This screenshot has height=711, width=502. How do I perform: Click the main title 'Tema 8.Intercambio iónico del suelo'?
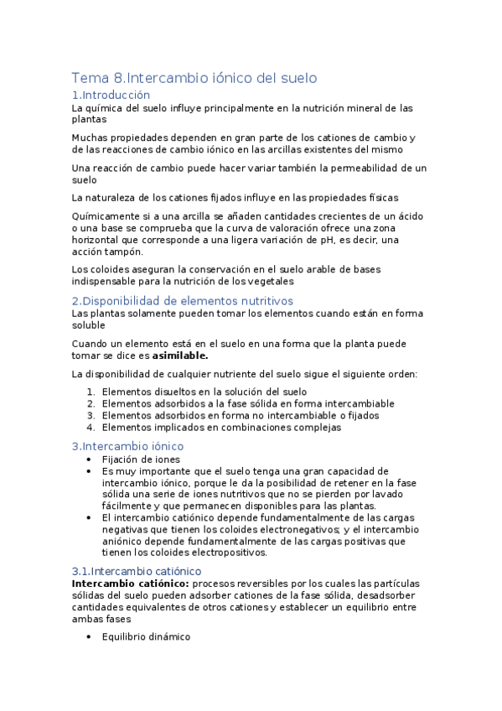point(194,78)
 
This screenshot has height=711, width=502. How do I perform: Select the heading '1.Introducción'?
point(111,95)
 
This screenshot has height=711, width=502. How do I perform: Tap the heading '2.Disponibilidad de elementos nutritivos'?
point(183,301)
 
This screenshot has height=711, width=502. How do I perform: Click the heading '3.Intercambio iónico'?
point(127,446)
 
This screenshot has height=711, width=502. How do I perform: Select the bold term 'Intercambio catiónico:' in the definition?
point(132,583)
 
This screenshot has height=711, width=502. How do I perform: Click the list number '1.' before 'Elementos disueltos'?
point(91,392)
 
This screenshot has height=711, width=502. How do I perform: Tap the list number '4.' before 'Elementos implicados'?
point(91,427)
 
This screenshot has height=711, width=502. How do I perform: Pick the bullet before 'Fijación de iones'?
point(90,459)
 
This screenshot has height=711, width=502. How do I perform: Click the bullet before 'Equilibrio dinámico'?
point(90,636)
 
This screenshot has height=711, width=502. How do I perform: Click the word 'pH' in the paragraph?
point(313,240)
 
